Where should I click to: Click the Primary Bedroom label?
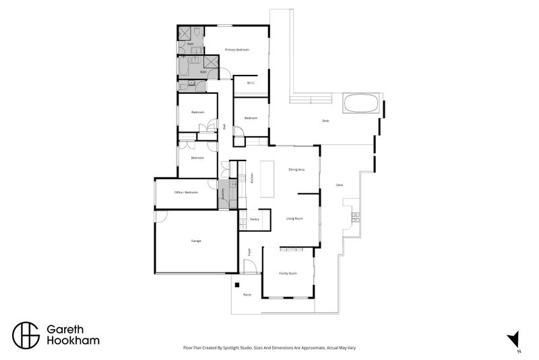[237, 50]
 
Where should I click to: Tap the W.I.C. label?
[251, 84]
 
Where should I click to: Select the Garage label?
[196, 241]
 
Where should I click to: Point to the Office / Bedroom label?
[186, 193]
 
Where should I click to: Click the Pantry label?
[255, 220]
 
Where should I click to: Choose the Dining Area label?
[297, 169]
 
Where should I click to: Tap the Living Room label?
[294, 218]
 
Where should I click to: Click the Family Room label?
[288, 273]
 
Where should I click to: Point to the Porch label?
[247, 295]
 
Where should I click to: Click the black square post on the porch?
[236, 285]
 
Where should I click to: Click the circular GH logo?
[26, 334]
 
